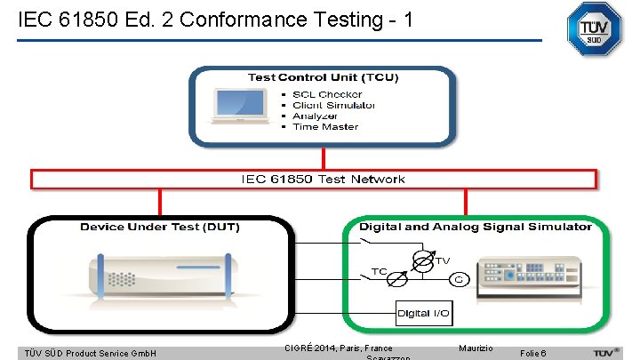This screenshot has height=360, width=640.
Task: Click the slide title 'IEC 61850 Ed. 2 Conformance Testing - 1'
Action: tap(215, 19)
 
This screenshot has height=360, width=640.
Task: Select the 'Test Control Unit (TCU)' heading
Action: tap(323, 77)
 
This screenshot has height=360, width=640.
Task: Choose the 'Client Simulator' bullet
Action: tap(333, 105)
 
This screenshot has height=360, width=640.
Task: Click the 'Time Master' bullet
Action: tap(325, 126)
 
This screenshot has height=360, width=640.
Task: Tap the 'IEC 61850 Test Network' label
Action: tap(323, 180)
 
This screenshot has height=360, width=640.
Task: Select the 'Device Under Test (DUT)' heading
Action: tap(160, 227)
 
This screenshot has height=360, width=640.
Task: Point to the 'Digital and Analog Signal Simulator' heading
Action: tap(475, 227)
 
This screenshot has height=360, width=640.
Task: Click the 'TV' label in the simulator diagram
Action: tap(442, 260)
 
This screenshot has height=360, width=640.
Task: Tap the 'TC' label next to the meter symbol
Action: tap(379, 271)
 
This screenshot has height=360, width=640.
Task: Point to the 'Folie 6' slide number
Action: tap(539, 353)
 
